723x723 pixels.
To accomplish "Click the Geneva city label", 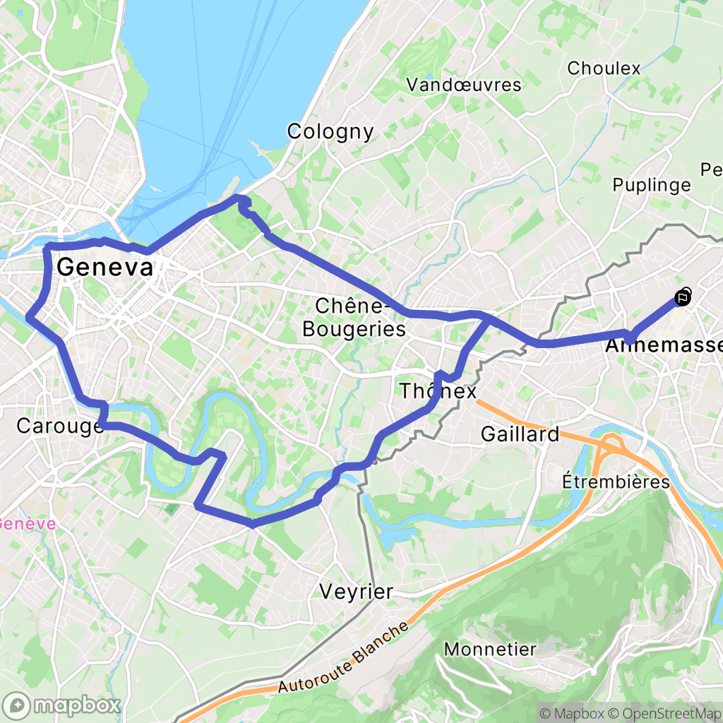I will click(x=104, y=268).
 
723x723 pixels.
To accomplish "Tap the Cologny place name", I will click(x=330, y=131).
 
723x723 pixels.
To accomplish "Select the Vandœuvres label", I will click(x=464, y=85).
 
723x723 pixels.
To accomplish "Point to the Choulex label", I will click(x=604, y=68).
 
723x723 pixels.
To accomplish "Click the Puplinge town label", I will click(x=651, y=185).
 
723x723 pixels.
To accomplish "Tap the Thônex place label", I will click(x=438, y=390).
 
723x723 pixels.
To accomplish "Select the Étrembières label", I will click(x=616, y=482).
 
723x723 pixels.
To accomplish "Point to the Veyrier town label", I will click(x=355, y=592).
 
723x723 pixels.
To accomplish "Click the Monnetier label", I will click(x=490, y=649).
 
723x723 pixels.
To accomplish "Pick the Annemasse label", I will click(x=664, y=347).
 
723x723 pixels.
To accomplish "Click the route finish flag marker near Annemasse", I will click(x=683, y=297).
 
